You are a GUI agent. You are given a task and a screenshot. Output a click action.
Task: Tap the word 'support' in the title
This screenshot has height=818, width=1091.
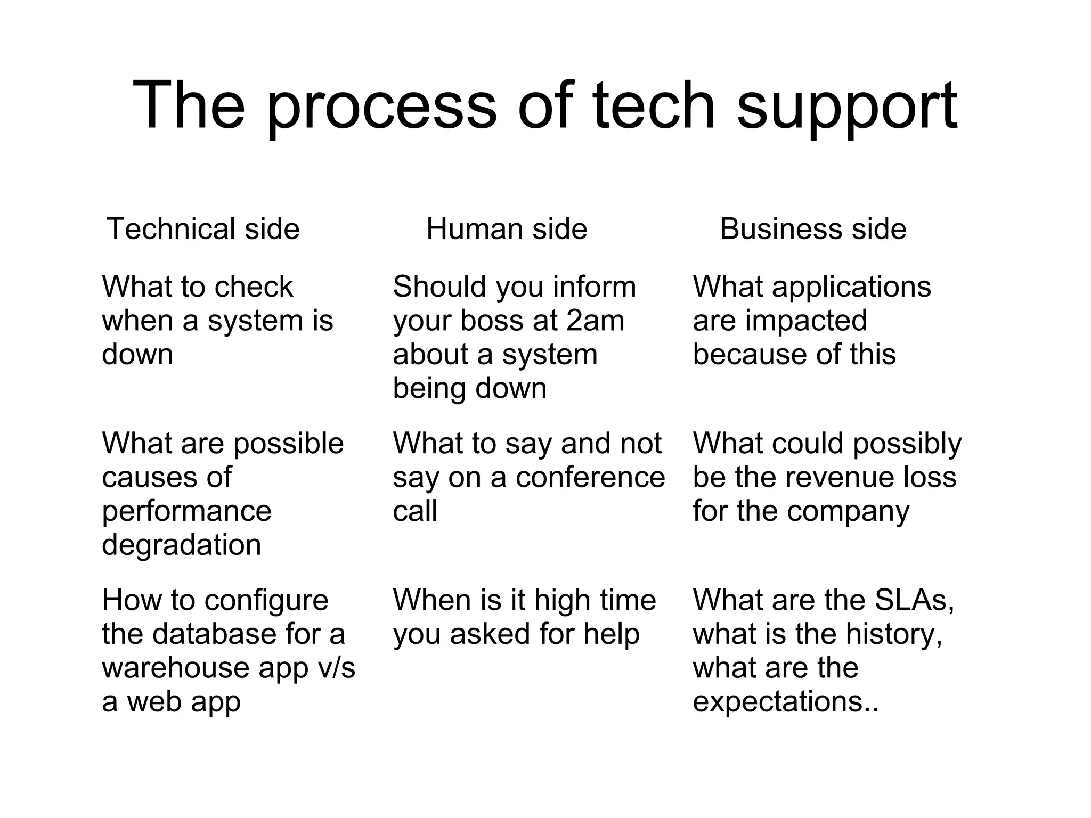[x=847, y=107]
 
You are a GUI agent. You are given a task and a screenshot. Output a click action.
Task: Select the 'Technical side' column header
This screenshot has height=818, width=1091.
[x=203, y=229]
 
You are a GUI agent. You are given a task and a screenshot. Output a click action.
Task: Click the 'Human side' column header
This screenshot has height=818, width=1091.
[x=507, y=229]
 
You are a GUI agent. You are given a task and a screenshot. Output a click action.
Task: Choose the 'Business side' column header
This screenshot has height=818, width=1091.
[x=813, y=229]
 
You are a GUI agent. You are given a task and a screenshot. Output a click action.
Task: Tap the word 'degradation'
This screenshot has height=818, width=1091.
[x=182, y=545]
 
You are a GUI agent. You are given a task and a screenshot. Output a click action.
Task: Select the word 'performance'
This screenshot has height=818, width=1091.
[x=186, y=511]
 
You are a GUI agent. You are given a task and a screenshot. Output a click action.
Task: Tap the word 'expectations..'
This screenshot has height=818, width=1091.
[x=785, y=702]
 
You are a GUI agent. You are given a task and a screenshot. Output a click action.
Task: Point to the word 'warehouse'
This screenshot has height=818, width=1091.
[x=176, y=668]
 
